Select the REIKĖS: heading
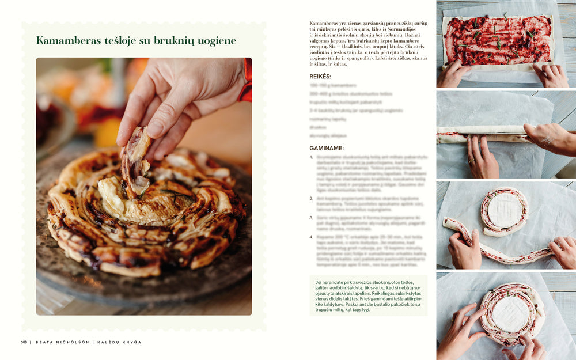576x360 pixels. (x=320, y=76)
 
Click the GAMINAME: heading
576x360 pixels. (x=327, y=148)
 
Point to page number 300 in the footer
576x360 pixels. (x=24, y=342)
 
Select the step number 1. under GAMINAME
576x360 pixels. (x=312, y=157)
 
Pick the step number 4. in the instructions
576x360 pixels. (x=312, y=237)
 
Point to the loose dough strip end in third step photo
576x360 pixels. (x=449, y=223)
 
